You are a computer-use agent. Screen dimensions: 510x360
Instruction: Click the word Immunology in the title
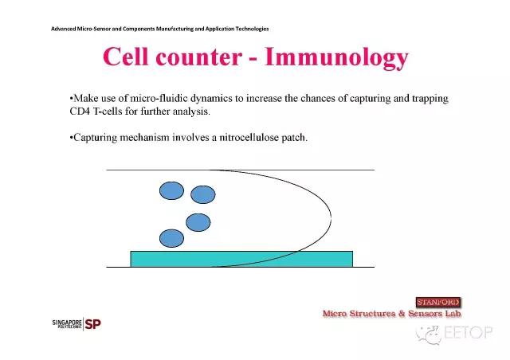pos(336,58)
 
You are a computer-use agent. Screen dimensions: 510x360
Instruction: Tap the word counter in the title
pos(198,57)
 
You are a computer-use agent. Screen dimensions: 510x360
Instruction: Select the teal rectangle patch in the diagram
pos(241,259)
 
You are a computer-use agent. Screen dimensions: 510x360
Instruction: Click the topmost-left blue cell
pos(172,190)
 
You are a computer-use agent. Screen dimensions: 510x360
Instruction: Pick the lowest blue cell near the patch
pos(172,238)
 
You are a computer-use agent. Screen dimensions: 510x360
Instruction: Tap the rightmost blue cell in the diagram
pos(203,194)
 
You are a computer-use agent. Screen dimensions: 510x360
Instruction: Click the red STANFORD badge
pos(438,302)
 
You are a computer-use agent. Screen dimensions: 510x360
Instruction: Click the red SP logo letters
pos(92,324)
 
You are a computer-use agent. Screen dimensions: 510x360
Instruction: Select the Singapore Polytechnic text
pos(67,323)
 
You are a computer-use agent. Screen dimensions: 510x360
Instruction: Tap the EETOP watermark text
pos(468,333)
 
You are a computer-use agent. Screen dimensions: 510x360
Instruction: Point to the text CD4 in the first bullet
pos(80,112)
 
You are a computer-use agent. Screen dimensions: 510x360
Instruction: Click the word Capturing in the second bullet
pos(95,138)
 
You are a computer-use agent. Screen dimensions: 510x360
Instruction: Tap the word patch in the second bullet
pos(294,138)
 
